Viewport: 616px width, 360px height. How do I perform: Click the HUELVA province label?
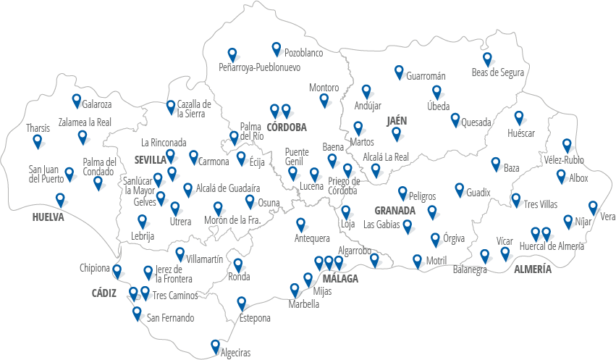tap(48, 217)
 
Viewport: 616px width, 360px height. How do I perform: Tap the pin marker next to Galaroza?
tap(77, 101)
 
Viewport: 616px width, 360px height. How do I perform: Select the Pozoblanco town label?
tap(303, 53)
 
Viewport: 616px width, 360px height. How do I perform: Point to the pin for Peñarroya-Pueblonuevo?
tap(232, 54)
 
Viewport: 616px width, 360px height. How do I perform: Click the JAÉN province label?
tap(398, 120)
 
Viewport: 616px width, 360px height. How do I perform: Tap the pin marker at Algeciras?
tap(215, 346)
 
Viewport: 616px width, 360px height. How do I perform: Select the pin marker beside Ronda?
tap(238, 265)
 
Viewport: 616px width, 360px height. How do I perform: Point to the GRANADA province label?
tap(395, 211)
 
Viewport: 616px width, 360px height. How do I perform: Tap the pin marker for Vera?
tap(593, 207)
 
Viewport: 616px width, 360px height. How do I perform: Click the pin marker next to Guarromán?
tap(399, 72)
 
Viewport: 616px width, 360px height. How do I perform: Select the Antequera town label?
tap(312, 239)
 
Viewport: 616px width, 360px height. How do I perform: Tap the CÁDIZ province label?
tap(104, 293)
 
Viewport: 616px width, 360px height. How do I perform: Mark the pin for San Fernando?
tap(137, 313)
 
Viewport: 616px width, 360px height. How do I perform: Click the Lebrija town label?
tap(143, 235)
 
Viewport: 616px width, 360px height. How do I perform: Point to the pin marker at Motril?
tap(417, 260)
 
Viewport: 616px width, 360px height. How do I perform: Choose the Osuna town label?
tap(269, 203)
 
